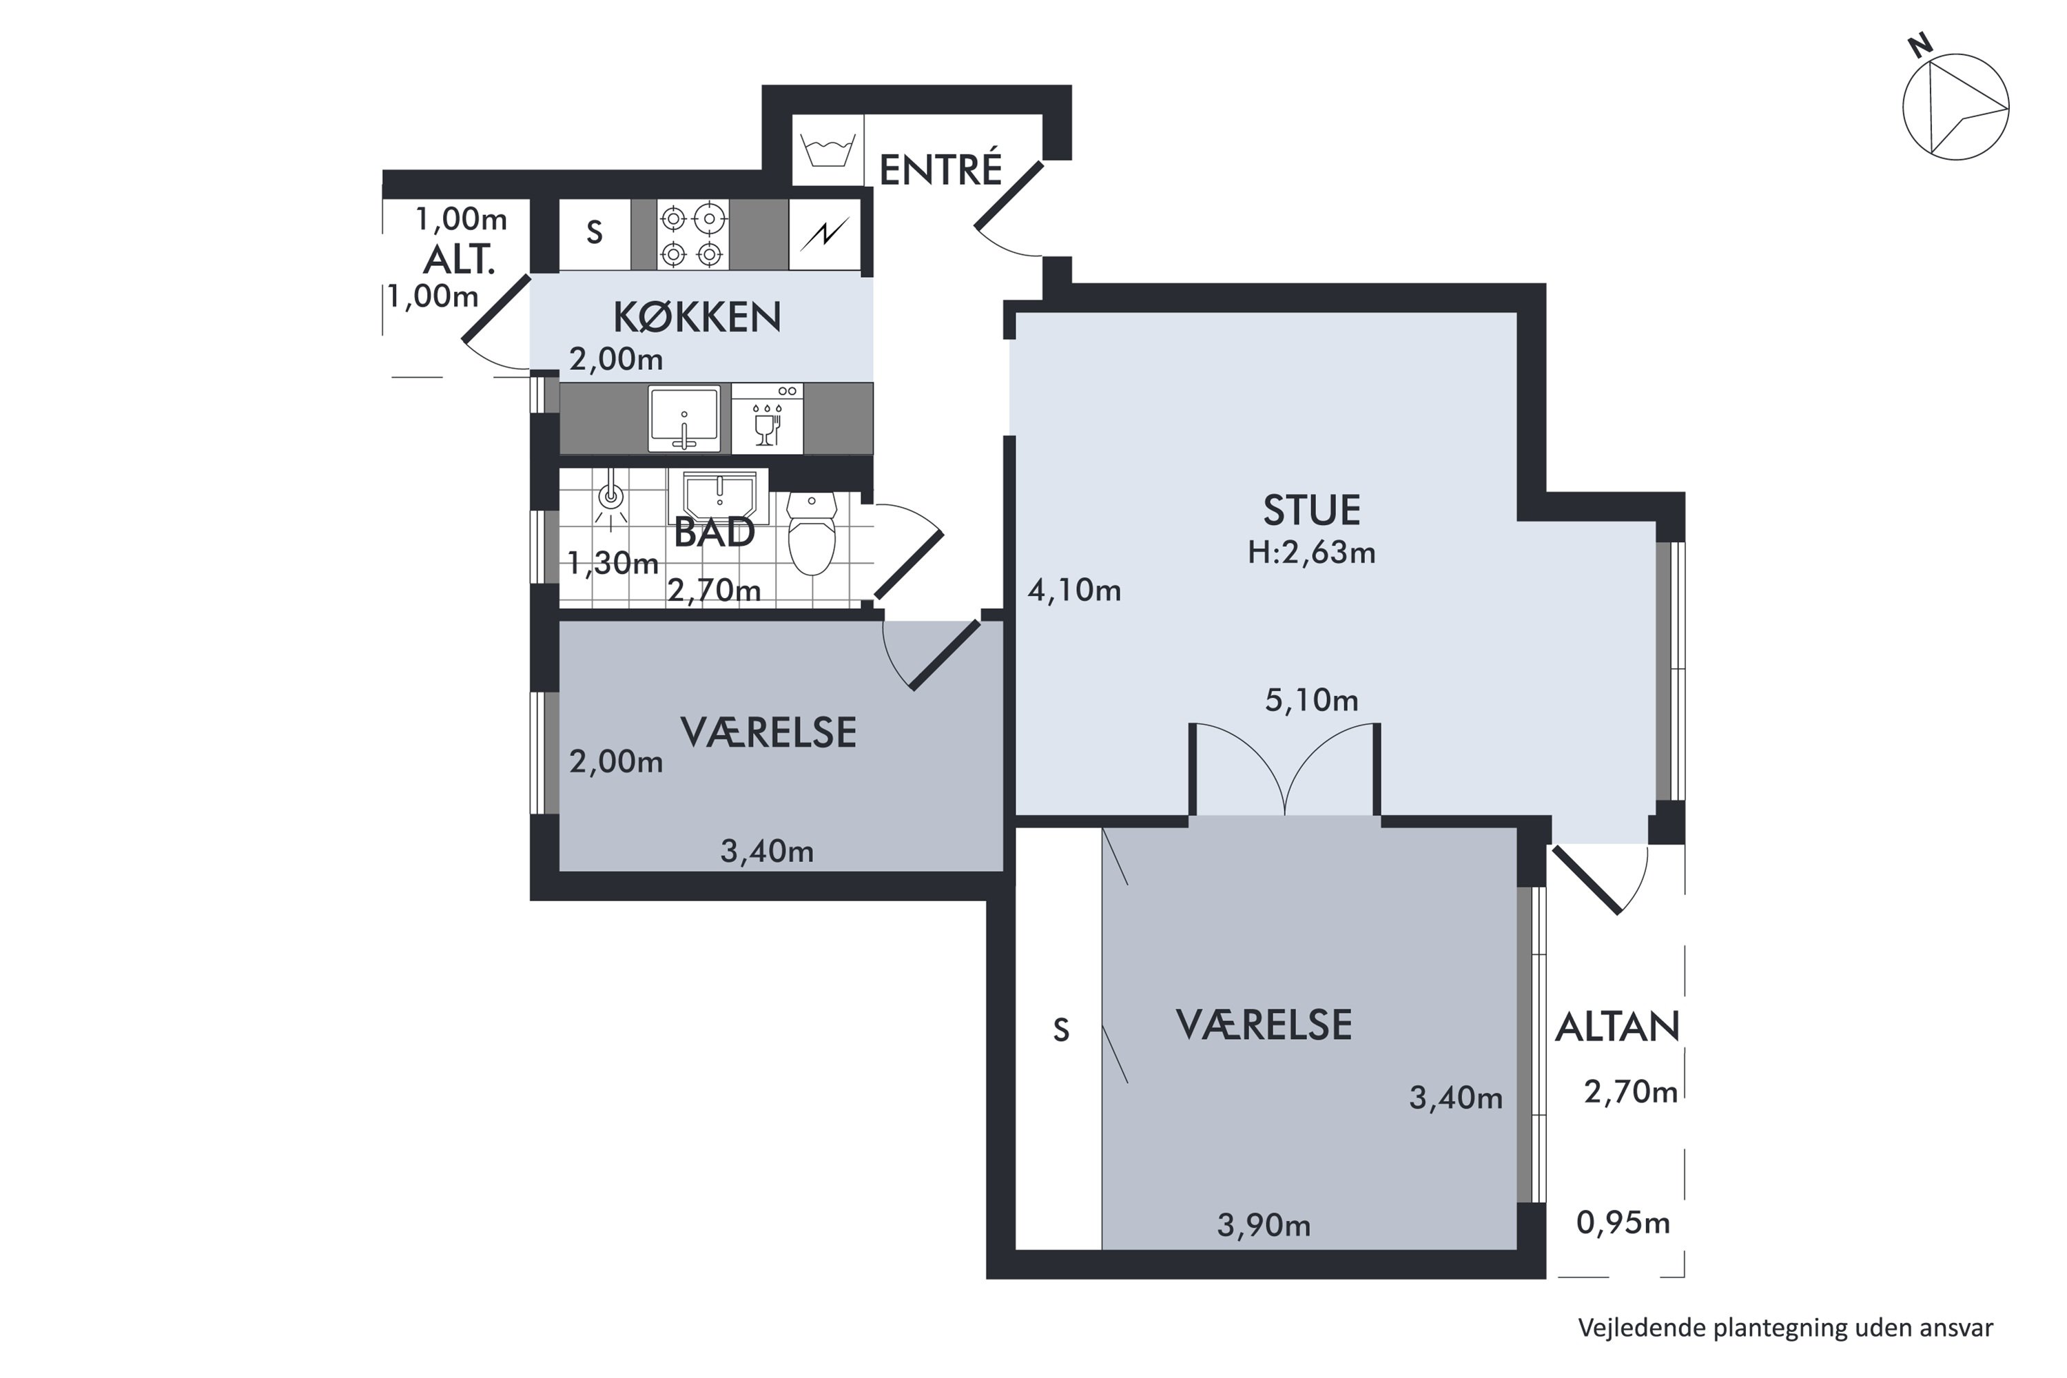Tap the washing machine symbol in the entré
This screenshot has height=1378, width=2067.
(828, 150)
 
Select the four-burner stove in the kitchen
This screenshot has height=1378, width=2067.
(692, 235)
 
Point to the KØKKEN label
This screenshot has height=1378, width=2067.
(697, 317)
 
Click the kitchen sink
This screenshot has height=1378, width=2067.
(683, 418)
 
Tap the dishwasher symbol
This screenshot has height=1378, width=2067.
(768, 418)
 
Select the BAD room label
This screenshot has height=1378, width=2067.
(714, 533)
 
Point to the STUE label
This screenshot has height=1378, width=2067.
(1311, 510)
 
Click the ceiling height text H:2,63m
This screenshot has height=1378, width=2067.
(1311, 553)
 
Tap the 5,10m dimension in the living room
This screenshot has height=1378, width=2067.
(1311, 701)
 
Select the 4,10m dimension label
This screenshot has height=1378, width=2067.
(1074, 590)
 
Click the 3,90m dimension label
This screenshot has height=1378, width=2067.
(1264, 1225)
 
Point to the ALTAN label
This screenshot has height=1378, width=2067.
(1617, 1027)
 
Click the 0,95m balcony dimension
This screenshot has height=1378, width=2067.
(1623, 1222)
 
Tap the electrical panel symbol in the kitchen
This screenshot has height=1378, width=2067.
(824, 235)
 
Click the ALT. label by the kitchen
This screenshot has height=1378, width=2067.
(459, 260)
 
